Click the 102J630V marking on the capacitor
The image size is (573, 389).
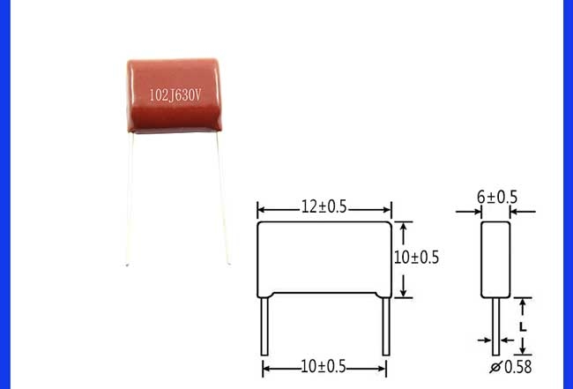click(x=175, y=95)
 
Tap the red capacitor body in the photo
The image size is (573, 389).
click(x=174, y=95)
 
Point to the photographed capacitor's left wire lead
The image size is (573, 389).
click(x=130, y=198)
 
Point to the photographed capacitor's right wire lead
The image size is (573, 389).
click(x=223, y=198)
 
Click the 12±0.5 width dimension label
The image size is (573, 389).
click(x=324, y=207)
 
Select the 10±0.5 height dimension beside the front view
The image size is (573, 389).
click(x=416, y=258)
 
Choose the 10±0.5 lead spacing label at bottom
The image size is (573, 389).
click(x=323, y=366)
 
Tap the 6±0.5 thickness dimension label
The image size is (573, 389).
click(x=497, y=198)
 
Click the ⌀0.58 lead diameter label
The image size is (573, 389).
click(x=510, y=367)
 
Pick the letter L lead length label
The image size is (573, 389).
click(x=523, y=326)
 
